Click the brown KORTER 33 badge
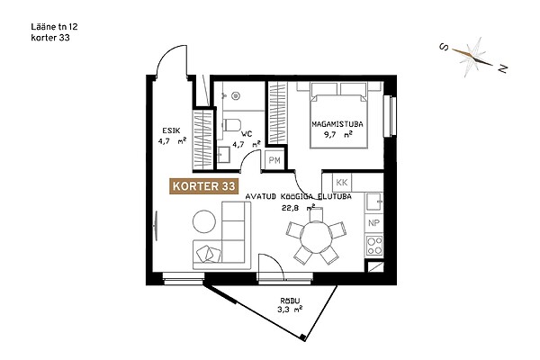[x=204, y=186]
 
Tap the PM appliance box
[x=274, y=160]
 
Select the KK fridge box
[x=342, y=182]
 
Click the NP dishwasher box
[x=373, y=223]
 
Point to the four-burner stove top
[x=374, y=245]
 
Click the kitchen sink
[x=374, y=202]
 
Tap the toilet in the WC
[x=231, y=125]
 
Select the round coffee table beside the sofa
[x=204, y=221]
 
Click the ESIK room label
[x=171, y=130]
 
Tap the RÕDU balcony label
[x=290, y=301]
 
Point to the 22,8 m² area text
[x=298, y=207]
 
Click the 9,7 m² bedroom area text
[x=337, y=134]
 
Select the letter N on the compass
[x=503, y=68]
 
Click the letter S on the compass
[x=445, y=47]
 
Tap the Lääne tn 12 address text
[x=54, y=26]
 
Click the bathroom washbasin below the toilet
[x=224, y=155]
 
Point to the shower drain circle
[x=236, y=95]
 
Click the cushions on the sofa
[x=209, y=254]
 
